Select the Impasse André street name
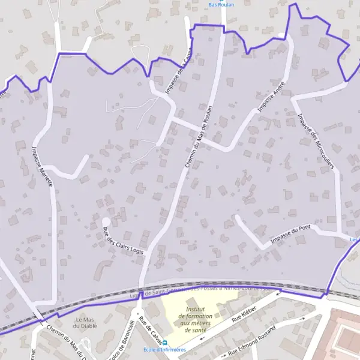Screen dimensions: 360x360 coord(271,97)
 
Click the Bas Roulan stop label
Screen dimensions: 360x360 coord(221,4)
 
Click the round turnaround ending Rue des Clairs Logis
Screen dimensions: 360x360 coord(106,221)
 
